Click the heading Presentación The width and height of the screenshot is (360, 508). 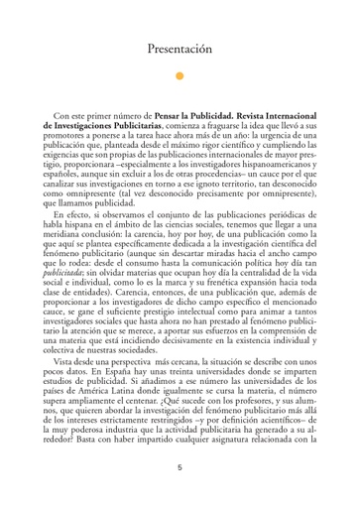180,48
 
